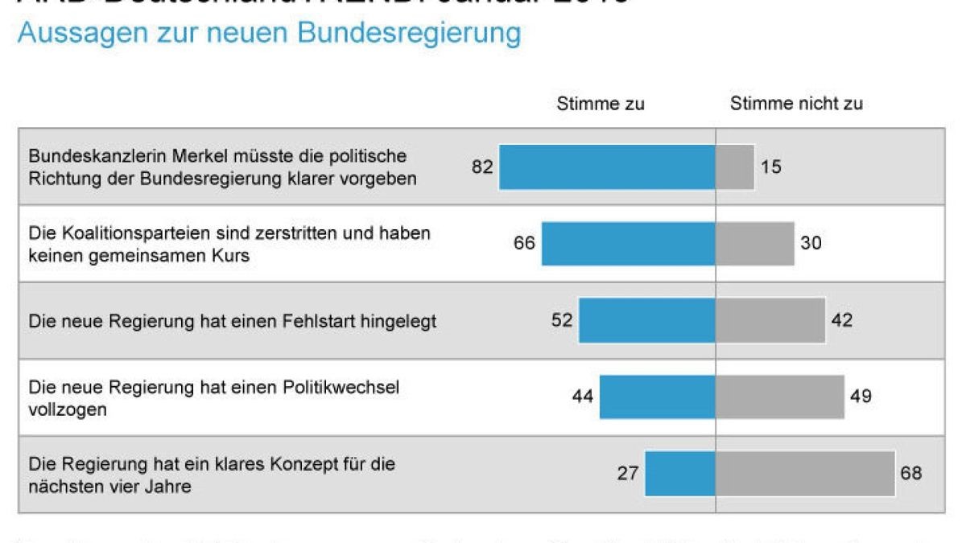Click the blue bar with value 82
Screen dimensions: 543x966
pyautogui.click(x=607, y=167)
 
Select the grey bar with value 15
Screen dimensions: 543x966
pyautogui.click(x=735, y=167)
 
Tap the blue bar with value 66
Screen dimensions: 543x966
pyautogui.click(x=628, y=243)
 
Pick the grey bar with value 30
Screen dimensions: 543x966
pyautogui.click(x=755, y=243)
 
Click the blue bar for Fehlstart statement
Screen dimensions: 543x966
pyautogui.click(x=647, y=320)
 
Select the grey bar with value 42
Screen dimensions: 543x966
pyautogui.click(x=770, y=320)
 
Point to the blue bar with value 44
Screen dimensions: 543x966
pyautogui.click(x=657, y=397)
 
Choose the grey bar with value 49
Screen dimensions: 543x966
pyautogui.click(x=780, y=397)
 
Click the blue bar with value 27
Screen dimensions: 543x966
pyautogui.click(x=680, y=473)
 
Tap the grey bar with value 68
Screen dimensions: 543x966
pyautogui.click(x=805, y=473)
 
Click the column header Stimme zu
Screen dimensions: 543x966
pyautogui.click(x=601, y=104)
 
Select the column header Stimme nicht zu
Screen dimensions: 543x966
pyautogui.click(x=796, y=104)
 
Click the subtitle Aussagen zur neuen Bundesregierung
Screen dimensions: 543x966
pyautogui.click(x=269, y=33)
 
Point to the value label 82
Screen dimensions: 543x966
pyautogui.click(x=482, y=167)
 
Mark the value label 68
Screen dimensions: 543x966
pyautogui.click(x=910, y=473)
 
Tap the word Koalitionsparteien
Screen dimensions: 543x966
pyautogui.click(x=128, y=233)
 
